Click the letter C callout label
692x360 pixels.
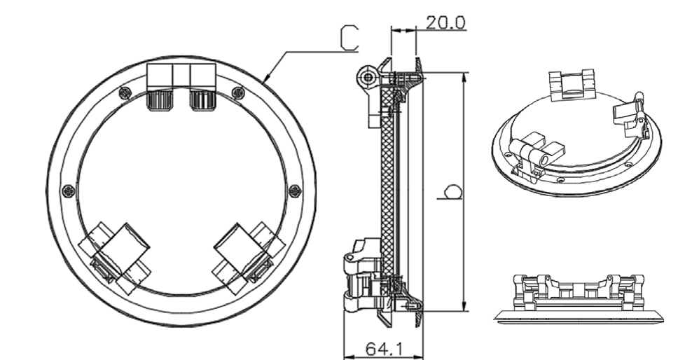point(348,38)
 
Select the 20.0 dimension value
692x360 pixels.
point(445,22)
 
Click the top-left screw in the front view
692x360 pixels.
point(125,91)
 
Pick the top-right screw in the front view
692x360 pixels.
point(238,91)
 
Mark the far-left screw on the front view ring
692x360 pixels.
point(68,190)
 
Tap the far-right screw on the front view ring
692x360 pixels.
point(295,190)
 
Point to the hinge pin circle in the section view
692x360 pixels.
point(365,77)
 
